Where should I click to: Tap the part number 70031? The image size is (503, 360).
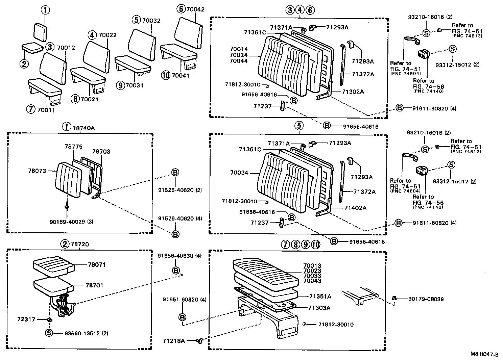[x=134, y=85]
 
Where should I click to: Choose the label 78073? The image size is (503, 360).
[x=37, y=171]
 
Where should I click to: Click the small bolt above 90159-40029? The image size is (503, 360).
[x=67, y=204]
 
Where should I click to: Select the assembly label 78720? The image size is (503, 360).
[x=79, y=244]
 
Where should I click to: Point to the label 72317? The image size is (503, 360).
[x=26, y=319]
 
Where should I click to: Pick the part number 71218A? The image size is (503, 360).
[x=173, y=341]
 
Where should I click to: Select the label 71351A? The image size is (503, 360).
[x=320, y=297]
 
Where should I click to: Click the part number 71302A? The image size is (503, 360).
[x=353, y=92]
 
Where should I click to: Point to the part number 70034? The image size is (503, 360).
[x=239, y=173]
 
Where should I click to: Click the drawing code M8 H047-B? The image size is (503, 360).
[x=484, y=354]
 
